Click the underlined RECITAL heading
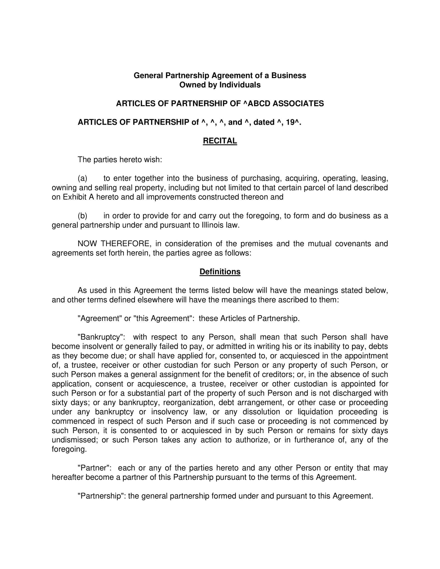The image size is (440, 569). coord(220,141)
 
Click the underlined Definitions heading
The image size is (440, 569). coord(220,272)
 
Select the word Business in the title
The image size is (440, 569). coord(289,76)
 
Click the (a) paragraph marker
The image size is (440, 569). coord(82,178)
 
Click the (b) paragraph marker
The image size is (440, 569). coord(82,216)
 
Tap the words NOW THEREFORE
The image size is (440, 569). coord(114,244)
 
